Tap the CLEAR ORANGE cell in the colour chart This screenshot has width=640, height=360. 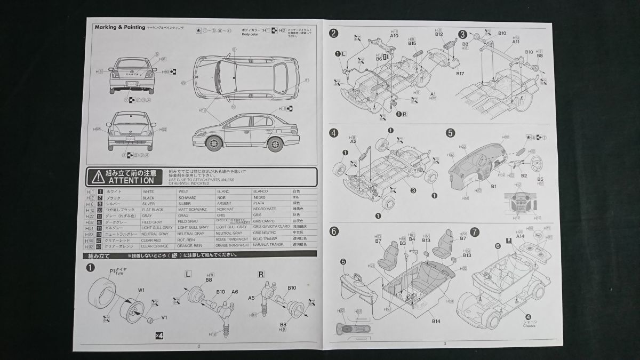tap(154, 245)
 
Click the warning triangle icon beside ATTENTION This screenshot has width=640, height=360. tap(97, 177)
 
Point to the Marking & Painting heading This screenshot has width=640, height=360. tap(119, 26)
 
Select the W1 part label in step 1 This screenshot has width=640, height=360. tap(141, 290)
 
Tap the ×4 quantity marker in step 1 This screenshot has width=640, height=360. tap(159, 335)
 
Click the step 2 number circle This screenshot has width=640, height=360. tap(334, 34)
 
